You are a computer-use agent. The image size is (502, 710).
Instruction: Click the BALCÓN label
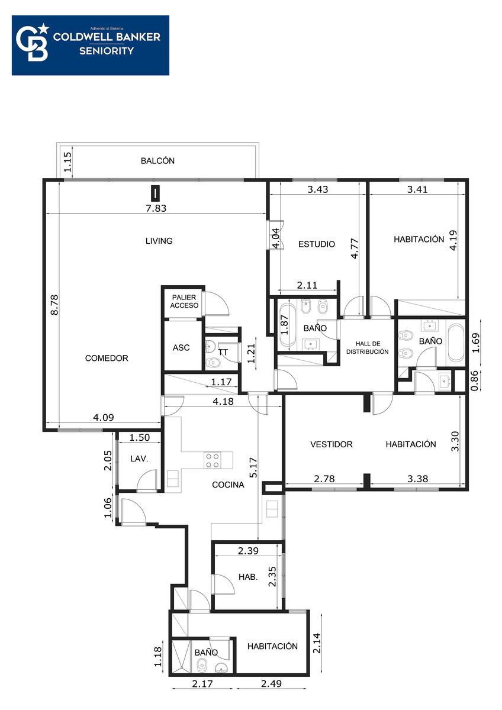coord(157,161)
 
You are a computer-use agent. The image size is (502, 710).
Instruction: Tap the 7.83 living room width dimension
coord(156,208)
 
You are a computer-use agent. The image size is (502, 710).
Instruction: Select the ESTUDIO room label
coord(317,244)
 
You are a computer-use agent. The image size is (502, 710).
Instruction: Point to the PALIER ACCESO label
coord(184,301)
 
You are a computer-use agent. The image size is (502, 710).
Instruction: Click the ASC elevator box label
coord(181,348)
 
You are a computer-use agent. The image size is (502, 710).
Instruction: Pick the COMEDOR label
coord(107,358)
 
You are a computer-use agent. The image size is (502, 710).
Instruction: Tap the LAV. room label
coord(139,459)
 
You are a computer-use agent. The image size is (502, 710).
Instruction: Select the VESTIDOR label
coord(332,444)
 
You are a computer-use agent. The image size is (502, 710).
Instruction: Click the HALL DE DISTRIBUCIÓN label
coord(367,348)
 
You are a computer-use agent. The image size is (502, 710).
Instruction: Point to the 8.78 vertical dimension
coord(54,305)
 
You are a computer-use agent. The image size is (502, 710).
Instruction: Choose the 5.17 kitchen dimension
coord(253,468)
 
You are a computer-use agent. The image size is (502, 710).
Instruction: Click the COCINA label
coord(228,485)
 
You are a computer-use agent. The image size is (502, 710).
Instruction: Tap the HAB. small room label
coord(248,577)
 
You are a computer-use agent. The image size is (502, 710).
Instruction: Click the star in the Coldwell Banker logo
coord(44,28)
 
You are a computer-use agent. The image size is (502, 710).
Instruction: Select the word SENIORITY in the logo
coord(107,51)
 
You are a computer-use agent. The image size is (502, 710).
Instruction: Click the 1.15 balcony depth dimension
coord(67,162)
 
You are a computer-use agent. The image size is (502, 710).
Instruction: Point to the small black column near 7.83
coord(155,193)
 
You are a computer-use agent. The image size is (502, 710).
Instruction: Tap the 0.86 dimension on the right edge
coord(474,380)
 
